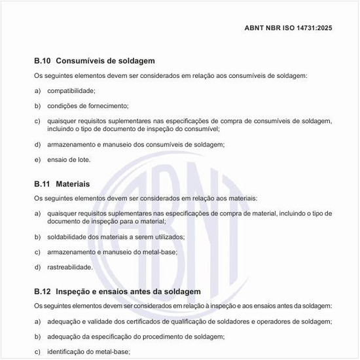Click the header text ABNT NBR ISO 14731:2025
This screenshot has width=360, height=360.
tap(288, 28)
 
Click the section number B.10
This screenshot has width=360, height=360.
tap(43, 61)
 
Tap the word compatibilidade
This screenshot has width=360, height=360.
tap(71, 90)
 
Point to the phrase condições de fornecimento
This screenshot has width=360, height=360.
tap(88, 105)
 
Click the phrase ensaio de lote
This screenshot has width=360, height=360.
tap(69, 159)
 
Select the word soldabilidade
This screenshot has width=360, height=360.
tap(69, 236)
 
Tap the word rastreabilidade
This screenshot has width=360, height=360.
tap(70, 266)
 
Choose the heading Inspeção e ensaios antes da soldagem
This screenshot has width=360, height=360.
tap(128, 291)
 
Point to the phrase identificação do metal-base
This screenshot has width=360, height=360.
tap(88, 351)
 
